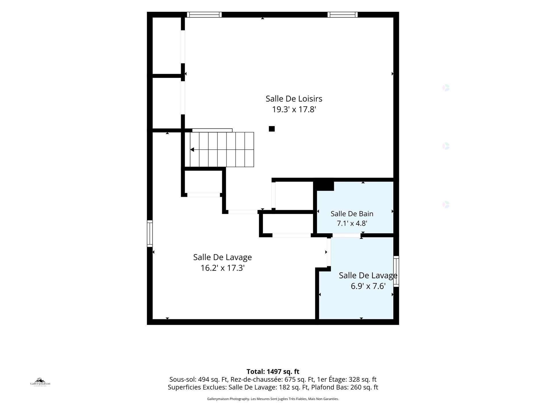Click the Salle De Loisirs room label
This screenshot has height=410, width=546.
(x=294, y=99)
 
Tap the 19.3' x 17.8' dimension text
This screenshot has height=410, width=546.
(x=294, y=110)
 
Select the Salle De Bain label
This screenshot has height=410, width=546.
(x=352, y=214)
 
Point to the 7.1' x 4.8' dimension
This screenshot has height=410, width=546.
(x=352, y=223)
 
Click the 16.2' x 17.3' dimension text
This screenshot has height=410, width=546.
(x=222, y=268)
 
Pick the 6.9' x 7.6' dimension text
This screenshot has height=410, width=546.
(x=368, y=286)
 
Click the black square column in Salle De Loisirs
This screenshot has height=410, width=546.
(x=272, y=129)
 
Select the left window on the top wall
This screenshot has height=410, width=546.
(x=204, y=15)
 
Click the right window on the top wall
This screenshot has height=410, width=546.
(x=343, y=15)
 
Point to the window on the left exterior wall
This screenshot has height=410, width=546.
(x=150, y=234)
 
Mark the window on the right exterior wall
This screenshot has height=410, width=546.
(x=396, y=271)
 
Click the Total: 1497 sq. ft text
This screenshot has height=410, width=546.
(x=273, y=372)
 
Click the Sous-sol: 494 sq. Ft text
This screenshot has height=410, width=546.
(x=199, y=380)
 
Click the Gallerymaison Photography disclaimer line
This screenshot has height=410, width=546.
(x=273, y=399)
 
